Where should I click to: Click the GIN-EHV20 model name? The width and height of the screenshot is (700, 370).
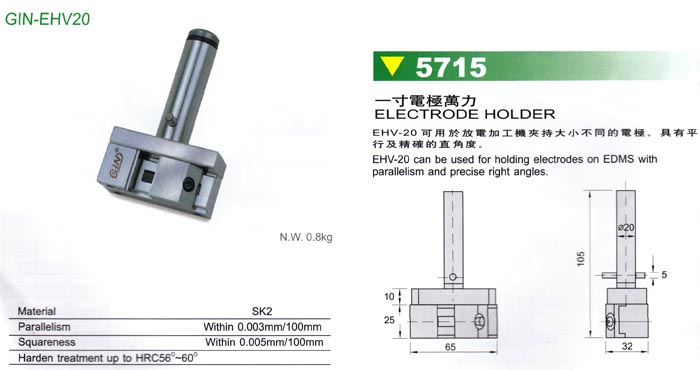click(x=47, y=19)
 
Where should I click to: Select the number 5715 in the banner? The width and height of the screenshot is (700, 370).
click(x=451, y=67)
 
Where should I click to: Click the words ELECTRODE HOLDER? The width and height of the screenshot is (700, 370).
click(x=465, y=114)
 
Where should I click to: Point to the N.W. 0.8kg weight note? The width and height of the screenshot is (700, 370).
click(x=306, y=237)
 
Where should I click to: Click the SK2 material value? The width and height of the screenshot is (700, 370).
click(x=262, y=311)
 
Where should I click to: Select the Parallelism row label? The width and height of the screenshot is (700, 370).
click(x=44, y=327)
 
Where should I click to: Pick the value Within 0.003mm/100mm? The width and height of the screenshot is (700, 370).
click(x=262, y=327)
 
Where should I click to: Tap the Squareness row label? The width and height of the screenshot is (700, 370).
click(x=46, y=342)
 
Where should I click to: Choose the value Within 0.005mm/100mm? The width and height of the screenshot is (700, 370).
click(x=264, y=342)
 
